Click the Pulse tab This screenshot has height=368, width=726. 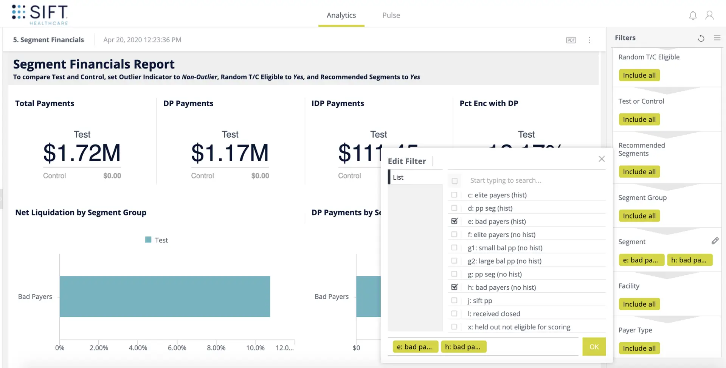click(x=391, y=15)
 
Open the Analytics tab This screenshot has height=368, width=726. click(x=341, y=15)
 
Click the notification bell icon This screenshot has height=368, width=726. click(x=692, y=16)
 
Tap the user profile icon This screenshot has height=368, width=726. click(x=709, y=15)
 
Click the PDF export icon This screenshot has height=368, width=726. click(x=571, y=40)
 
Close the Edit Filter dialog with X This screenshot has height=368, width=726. click(x=601, y=159)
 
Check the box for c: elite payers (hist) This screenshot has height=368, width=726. click(x=454, y=195)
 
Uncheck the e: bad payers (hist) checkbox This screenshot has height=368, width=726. click(x=454, y=221)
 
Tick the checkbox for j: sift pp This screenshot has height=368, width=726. click(x=454, y=300)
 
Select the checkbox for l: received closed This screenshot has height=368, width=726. click(x=454, y=314)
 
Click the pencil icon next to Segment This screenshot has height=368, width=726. click(x=714, y=241)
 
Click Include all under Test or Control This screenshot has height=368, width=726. click(x=639, y=120)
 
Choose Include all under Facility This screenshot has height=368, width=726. click(x=639, y=304)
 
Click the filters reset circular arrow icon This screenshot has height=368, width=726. click(x=701, y=38)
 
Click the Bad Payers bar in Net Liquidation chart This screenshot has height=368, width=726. click(x=164, y=297)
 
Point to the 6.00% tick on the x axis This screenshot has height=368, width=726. click(x=177, y=348)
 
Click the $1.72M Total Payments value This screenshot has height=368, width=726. click(x=82, y=153)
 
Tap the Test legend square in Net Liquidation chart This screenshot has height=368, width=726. click(x=148, y=240)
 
